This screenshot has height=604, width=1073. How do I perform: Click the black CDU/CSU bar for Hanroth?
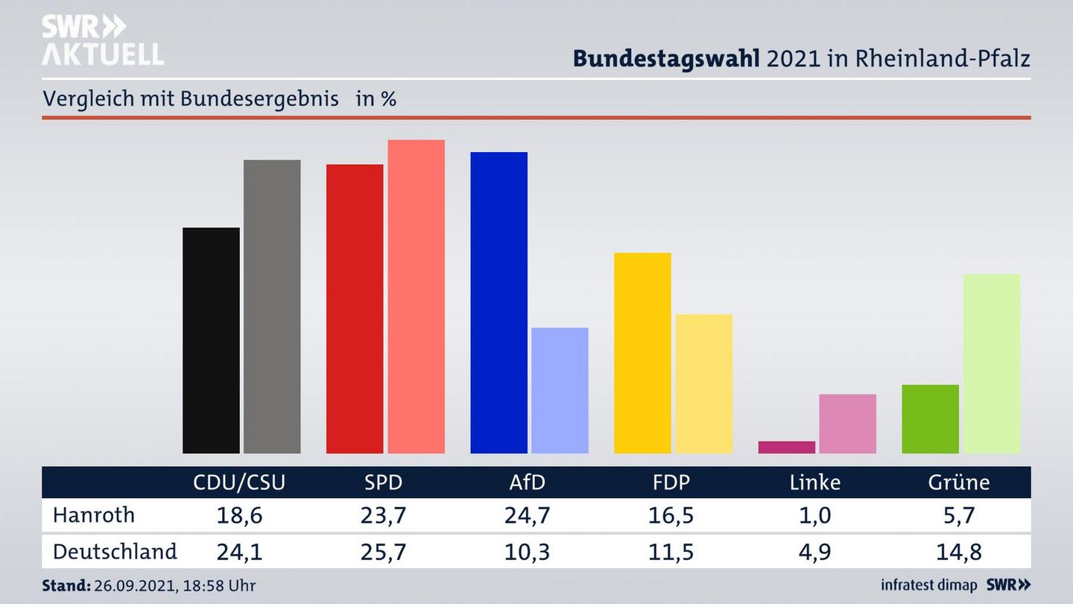click(x=211, y=340)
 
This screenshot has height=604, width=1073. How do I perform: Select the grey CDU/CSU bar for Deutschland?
click(x=272, y=306)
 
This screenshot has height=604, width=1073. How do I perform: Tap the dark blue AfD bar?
click(x=498, y=303)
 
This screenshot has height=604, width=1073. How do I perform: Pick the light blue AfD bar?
click(x=560, y=390)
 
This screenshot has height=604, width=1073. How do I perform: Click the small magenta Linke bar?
click(x=786, y=447)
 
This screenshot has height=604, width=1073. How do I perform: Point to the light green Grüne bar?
click(x=991, y=363)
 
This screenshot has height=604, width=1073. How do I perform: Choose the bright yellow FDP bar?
click(x=642, y=353)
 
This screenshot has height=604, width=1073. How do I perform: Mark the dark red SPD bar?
click(x=355, y=309)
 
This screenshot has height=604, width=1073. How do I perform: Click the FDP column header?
click(x=671, y=482)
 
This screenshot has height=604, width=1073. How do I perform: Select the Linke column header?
click(x=814, y=482)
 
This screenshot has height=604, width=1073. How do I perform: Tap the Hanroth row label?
click(x=94, y=515)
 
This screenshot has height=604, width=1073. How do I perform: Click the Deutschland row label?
click(x=115, y=552)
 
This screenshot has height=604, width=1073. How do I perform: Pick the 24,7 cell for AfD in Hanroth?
click(x=527, y=515)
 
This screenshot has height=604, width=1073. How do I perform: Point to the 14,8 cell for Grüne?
click(x=958, y=552)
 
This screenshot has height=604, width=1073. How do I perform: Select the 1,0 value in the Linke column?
click(x=814, y=515)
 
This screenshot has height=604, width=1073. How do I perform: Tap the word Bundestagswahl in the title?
click(x=666, y=58)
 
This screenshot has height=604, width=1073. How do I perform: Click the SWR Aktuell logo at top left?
click(x=102, y=40)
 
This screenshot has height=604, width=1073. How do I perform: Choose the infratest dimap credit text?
click(x=928, y=585)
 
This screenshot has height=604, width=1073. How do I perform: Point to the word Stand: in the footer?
click(x=66, y=585)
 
